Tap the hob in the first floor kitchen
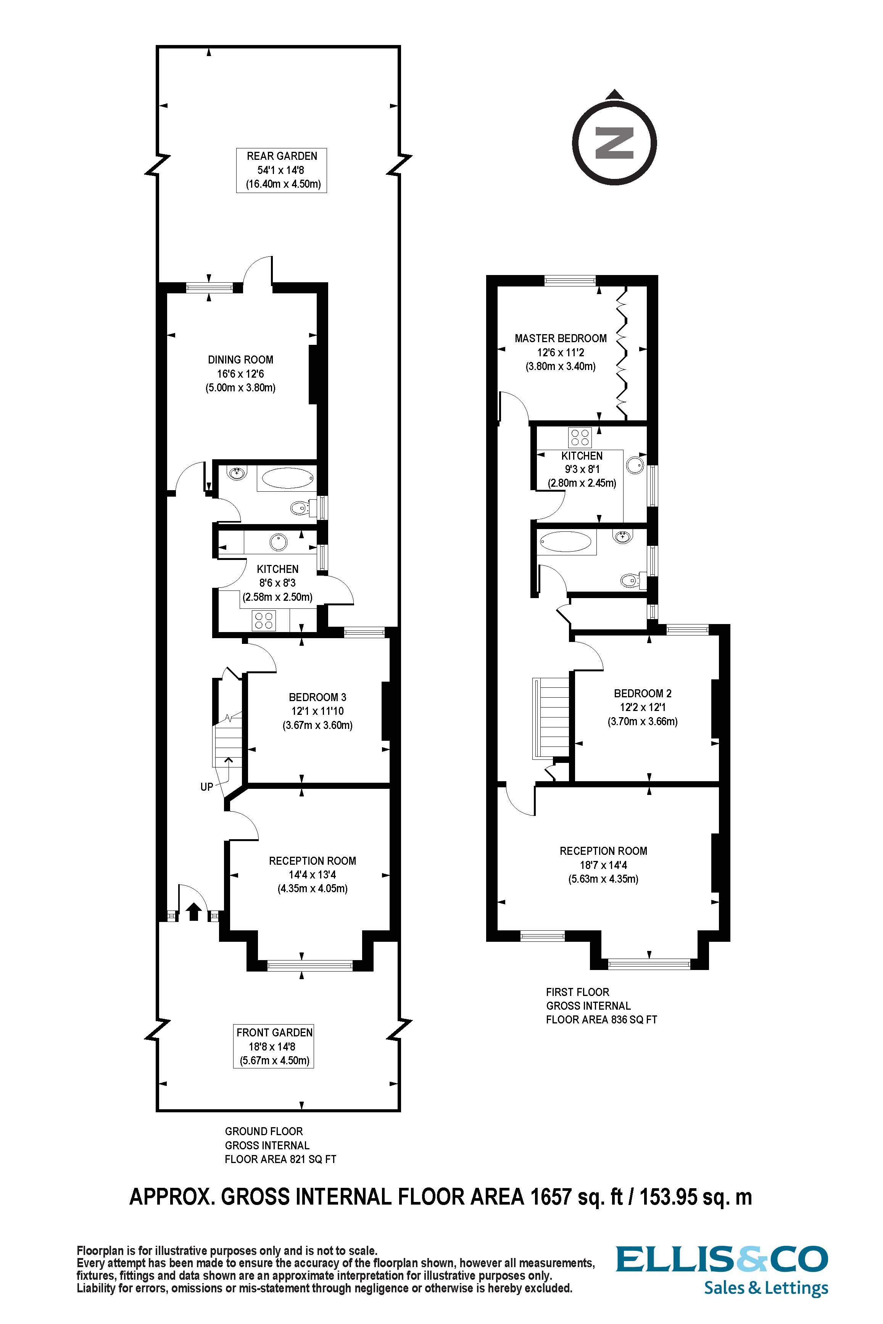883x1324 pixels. pyautogui.click(x=580, y=438)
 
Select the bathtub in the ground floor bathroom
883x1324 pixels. pyautogui.click(x=287, y=478)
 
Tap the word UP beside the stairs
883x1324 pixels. pyautogui.click(x=207, y=787)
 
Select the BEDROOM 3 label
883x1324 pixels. pyautogui.click(x=317, y=697)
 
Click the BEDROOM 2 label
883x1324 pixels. pyautogui.click(x=643, y=693)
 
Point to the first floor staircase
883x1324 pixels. pyautogui.click(x=552, y=718)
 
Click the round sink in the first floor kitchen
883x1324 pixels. pyautogui.click(x=635, y=465)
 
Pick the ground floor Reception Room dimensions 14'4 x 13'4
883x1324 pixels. pyautogui.click(x=312, y=875)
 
